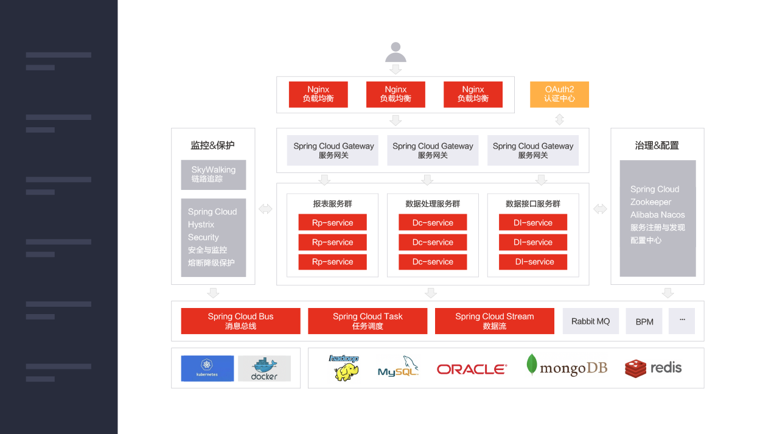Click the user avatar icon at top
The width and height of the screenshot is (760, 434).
click(396, 52)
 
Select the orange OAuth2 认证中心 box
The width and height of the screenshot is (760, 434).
click(559, 94)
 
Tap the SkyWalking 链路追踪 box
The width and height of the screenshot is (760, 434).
click(213, 175)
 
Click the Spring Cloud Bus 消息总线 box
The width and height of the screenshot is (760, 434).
click(240, 321)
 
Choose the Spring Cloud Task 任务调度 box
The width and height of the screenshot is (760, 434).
click(368, 321)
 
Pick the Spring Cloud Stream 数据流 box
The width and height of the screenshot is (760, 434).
click(494, 321)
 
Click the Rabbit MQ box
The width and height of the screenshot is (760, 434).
click(590, 321)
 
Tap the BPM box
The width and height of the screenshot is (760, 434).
click(644, 321)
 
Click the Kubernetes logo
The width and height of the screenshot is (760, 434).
click(207, 368)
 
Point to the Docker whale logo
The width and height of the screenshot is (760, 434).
click(264, 368)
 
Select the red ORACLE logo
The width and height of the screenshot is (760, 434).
click(472, 369)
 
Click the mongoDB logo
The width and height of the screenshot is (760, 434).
click(567, 366)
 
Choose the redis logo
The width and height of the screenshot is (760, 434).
click(653, 368)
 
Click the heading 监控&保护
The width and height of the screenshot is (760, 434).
click(212, 145)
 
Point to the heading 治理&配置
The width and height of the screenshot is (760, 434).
click(657, 145)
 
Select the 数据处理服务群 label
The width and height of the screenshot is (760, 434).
click(433, 204)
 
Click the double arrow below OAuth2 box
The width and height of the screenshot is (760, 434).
click(559, 119)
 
